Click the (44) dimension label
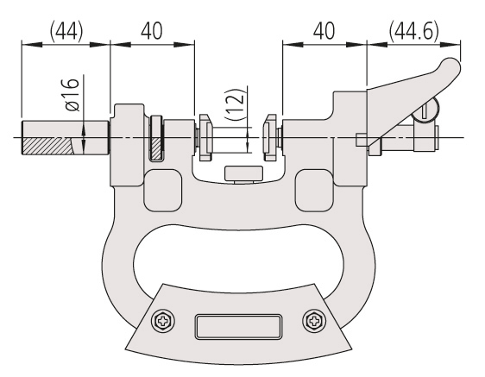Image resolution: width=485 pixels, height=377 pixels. point(66,31)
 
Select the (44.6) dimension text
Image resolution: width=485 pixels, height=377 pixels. point(413,31)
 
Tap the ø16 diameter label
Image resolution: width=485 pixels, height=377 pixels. point(72,94)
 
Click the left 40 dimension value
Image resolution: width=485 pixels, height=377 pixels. point(152,31)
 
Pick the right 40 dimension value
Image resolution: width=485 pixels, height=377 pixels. point(324,31)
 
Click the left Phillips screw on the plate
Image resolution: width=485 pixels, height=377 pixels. point(163,321)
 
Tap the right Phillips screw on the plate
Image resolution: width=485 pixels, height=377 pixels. point(314,321)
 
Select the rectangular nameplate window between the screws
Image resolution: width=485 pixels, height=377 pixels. point(238,327)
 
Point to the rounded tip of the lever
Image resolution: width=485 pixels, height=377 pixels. point(450,66)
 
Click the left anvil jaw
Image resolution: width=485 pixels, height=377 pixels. point(205,137)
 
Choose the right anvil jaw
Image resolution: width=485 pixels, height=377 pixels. point(270,137)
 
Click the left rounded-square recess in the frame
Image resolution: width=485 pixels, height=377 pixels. point(163,191)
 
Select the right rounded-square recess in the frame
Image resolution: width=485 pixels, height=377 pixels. point(313,191)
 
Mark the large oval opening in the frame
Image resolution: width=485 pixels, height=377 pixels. point(238,258)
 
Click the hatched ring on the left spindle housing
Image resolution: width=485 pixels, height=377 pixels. point(157,138)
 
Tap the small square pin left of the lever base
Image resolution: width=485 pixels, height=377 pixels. point(361,140)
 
